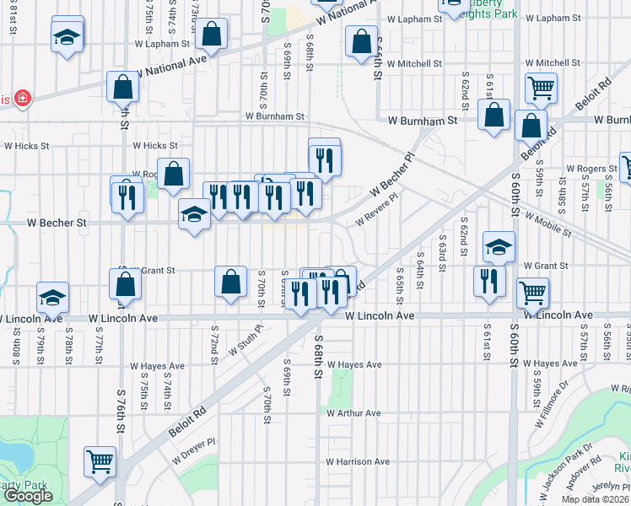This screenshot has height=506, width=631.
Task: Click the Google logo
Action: coord(28,496)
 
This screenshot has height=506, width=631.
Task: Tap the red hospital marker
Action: coord(21,100)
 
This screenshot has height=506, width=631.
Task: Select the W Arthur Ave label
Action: coord(354,413)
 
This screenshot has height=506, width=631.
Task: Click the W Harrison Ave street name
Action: coord(358,461)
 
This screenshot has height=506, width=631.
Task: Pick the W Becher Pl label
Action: coord(392,177)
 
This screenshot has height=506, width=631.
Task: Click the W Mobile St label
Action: coord(548,223)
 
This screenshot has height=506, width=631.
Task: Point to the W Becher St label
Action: coord(57,223)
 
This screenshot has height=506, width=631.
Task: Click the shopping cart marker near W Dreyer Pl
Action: coord(100,461)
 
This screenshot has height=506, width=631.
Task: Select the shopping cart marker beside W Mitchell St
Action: coord(540,86)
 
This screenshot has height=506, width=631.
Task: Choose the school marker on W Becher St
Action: coord(193,215)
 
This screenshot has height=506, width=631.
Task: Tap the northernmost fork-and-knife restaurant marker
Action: coord(324,157)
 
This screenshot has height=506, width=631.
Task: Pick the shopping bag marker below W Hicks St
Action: coord(173,175)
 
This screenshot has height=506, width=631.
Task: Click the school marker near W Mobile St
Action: coord(499,246)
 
